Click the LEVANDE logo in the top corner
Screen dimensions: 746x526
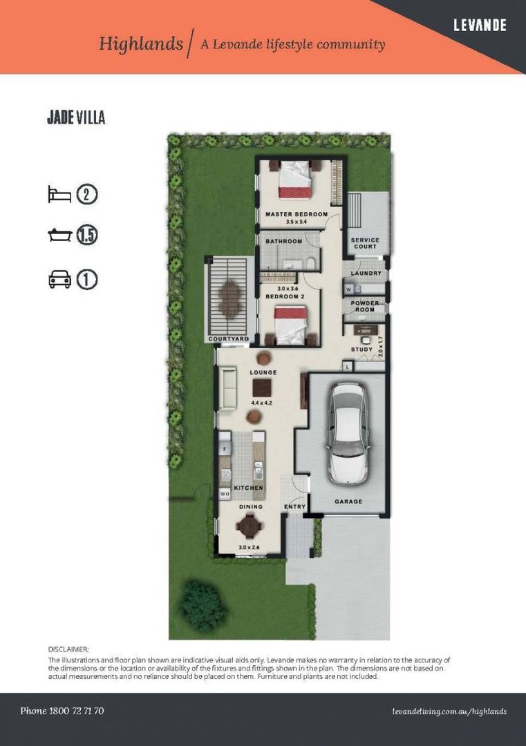pos(480,26)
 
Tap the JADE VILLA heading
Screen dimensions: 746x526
pos(76,117)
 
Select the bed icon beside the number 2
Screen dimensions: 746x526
pos(59,194)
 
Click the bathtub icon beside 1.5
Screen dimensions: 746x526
pos(59,236)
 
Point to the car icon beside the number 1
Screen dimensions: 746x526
pos(59,280)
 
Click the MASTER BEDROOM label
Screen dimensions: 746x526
pos(297,214)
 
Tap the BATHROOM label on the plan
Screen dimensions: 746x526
pos(284,241)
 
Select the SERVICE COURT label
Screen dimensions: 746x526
pos(366,243)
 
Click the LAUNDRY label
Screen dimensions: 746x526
pos(366,274)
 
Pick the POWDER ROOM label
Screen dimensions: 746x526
pos(365,306)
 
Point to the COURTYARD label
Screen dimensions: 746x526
pos(229,339)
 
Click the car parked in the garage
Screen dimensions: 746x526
pos(348,432)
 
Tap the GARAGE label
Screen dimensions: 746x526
pos(348,501)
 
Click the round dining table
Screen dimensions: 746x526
pos(249,526)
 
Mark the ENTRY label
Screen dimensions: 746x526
pos(294,507)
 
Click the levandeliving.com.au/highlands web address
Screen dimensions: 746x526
pos(449,711)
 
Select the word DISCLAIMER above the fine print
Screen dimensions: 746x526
pos(68,649)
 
